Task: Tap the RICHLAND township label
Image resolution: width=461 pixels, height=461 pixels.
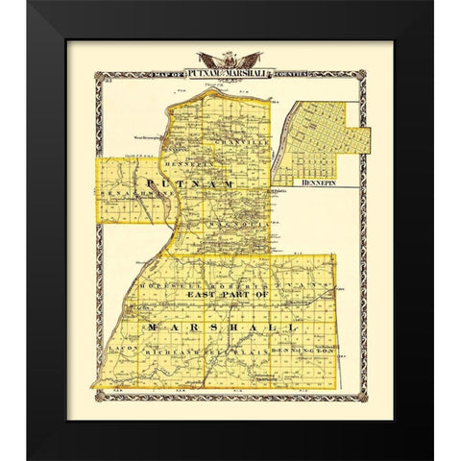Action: point(166,353)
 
